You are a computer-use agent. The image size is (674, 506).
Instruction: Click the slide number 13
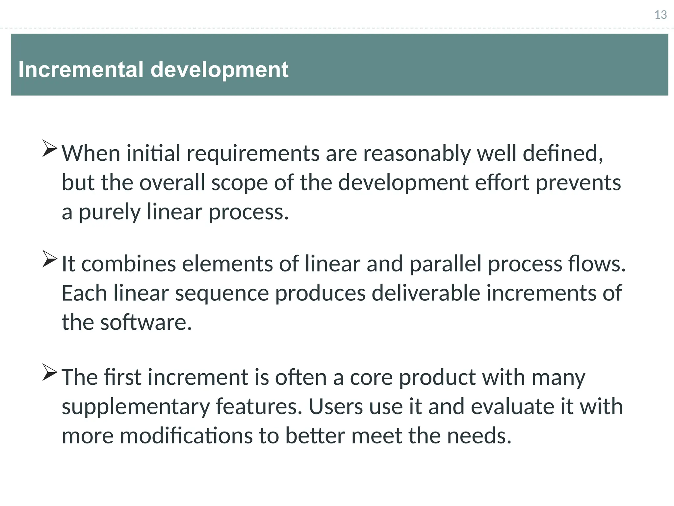[x=661, y=15]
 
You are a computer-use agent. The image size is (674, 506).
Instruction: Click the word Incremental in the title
[x=81, y=70]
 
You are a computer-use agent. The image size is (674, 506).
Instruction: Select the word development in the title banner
[x=220, y=70]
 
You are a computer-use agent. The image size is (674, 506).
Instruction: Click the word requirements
[x=253, y=154]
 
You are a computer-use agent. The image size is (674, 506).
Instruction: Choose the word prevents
[x=578, y=183]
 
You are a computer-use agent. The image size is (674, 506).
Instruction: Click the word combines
[x=129, y=264]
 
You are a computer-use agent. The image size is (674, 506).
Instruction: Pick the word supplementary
[x=136, y=407]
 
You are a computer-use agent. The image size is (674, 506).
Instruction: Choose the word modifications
[x=186, y=436]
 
